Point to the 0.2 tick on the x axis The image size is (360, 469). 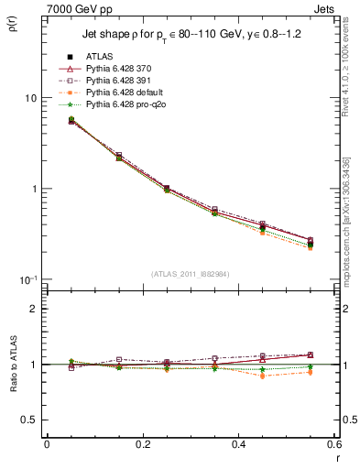pyautogui.click(x=142, y=445)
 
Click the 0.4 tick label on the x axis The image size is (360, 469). pyautogui.click(x=237, y=445)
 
